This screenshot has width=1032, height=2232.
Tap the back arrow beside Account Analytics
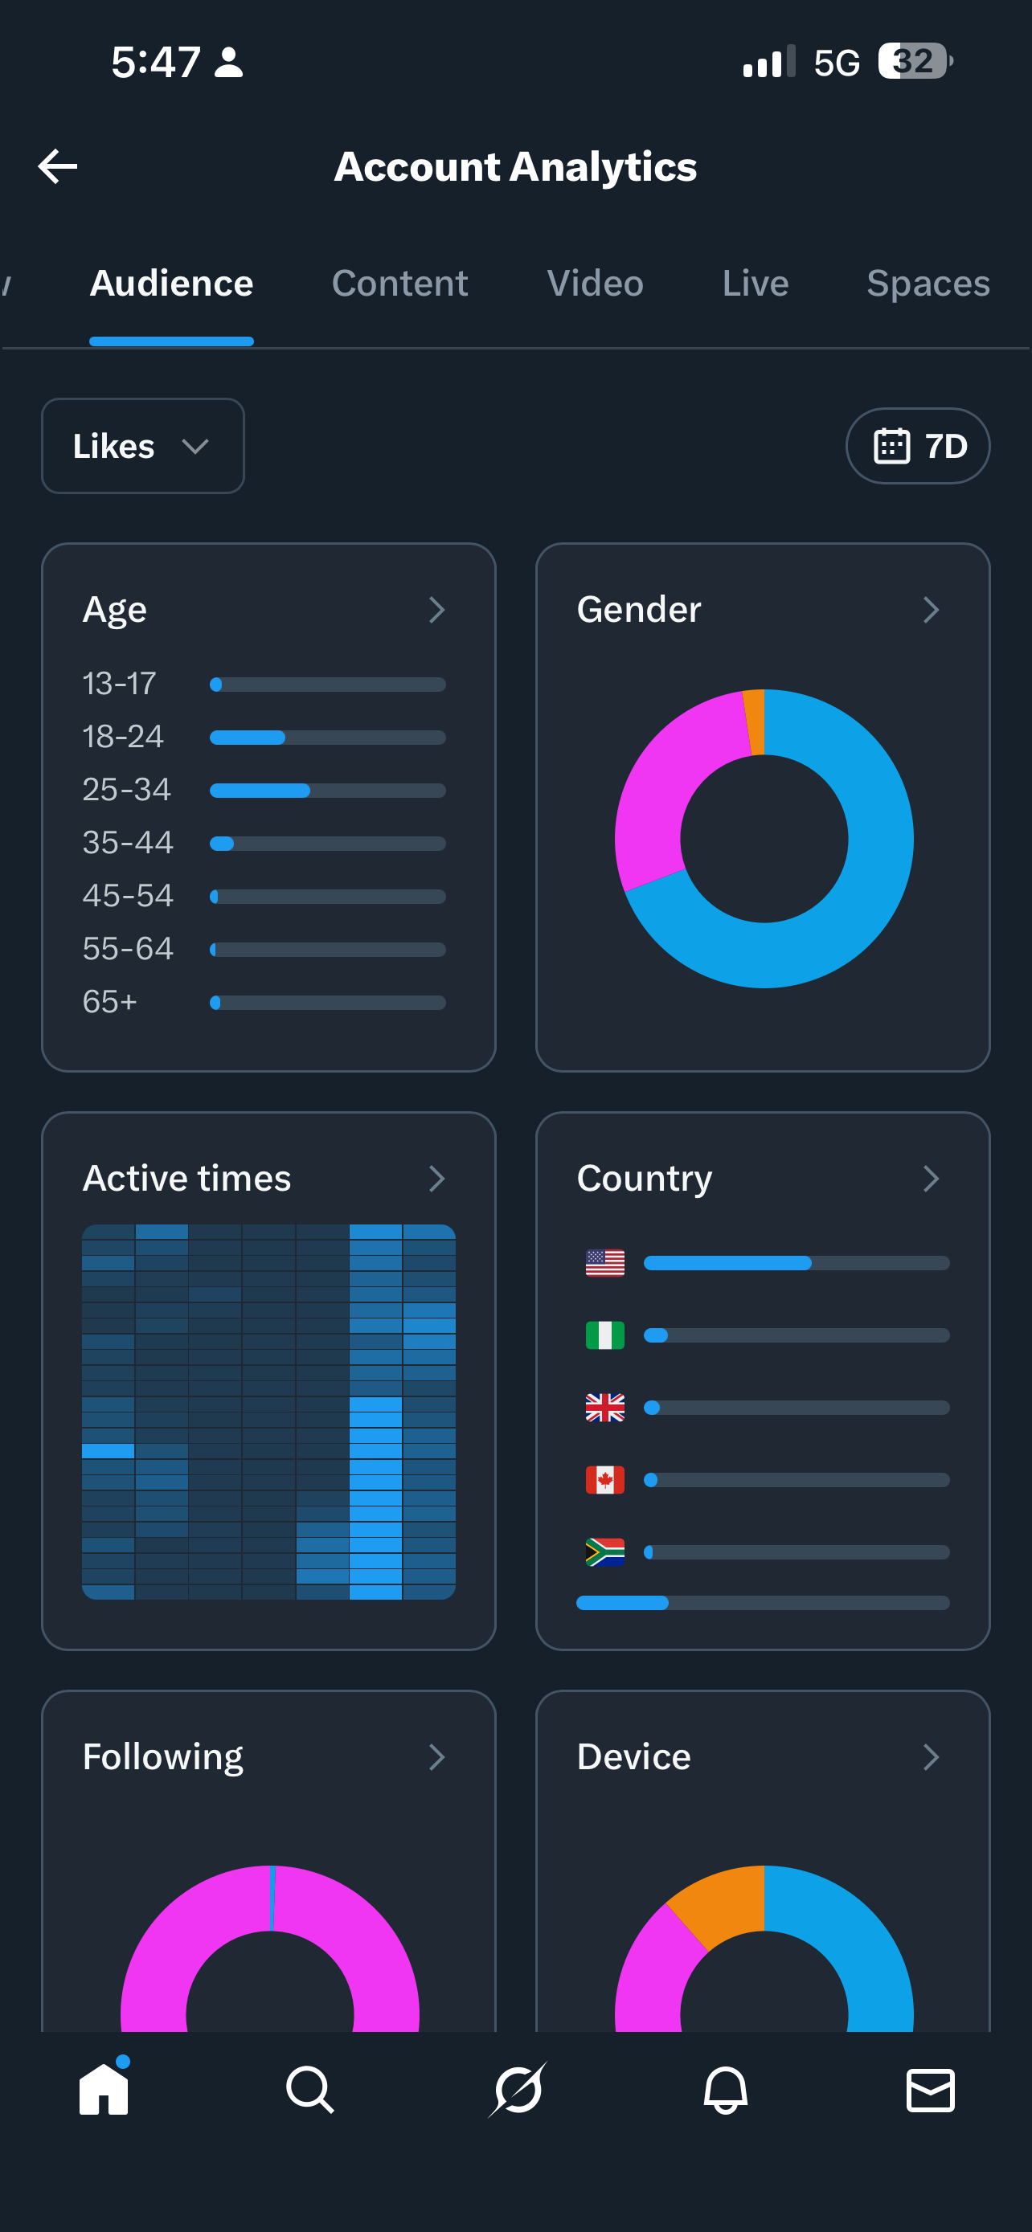tap(58, 166)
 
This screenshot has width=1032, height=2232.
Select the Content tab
tap(399, 284)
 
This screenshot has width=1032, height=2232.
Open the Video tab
tap(596, 284)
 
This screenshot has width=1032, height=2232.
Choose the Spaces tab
tap(928, 284)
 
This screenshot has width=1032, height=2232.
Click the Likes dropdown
tap(142, 446)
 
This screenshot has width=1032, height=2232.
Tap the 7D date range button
tap(918, 446)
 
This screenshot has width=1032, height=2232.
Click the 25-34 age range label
tap(126, 789)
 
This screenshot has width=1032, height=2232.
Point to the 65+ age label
tap(110, 1002)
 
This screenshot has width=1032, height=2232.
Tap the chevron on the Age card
tap(436, 610)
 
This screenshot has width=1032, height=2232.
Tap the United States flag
tap(605, 1263)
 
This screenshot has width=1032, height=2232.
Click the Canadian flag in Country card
tap(605, 1480)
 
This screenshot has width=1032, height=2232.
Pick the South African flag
tap(605, 1551)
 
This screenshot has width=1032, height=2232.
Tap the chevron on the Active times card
tap(436, 1179)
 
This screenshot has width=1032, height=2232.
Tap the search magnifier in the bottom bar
tap(310, 2090)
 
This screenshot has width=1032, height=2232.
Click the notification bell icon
tap(725, 2090)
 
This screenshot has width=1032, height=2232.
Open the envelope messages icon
tap(931, 2090)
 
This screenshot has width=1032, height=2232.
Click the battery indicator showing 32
tap(915, 62)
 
